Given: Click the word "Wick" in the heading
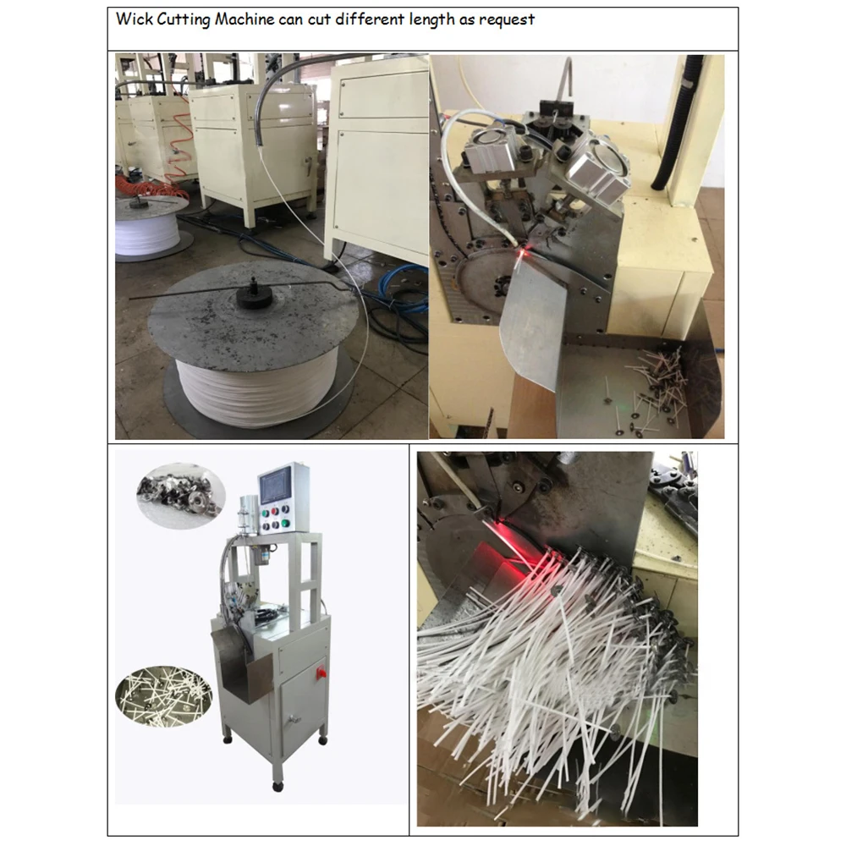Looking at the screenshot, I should [133, 19].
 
